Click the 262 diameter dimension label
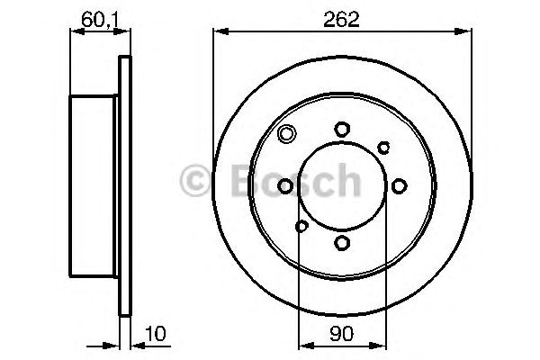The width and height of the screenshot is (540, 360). (342, 19)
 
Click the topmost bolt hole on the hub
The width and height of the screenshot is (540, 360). (342, 130)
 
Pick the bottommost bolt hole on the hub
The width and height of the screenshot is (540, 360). (342, 242)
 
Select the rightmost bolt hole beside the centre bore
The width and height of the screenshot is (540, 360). (398, 186)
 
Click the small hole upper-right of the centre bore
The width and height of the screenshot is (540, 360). (382, 147)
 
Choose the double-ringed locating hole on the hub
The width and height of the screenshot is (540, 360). (287, 136)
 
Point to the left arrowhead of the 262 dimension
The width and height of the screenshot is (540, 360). (218, 32)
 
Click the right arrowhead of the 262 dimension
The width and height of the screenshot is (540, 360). (466, 32)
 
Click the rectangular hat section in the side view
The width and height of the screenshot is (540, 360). (94, 186)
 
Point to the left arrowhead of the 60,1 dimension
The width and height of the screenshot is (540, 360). (75, 32)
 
